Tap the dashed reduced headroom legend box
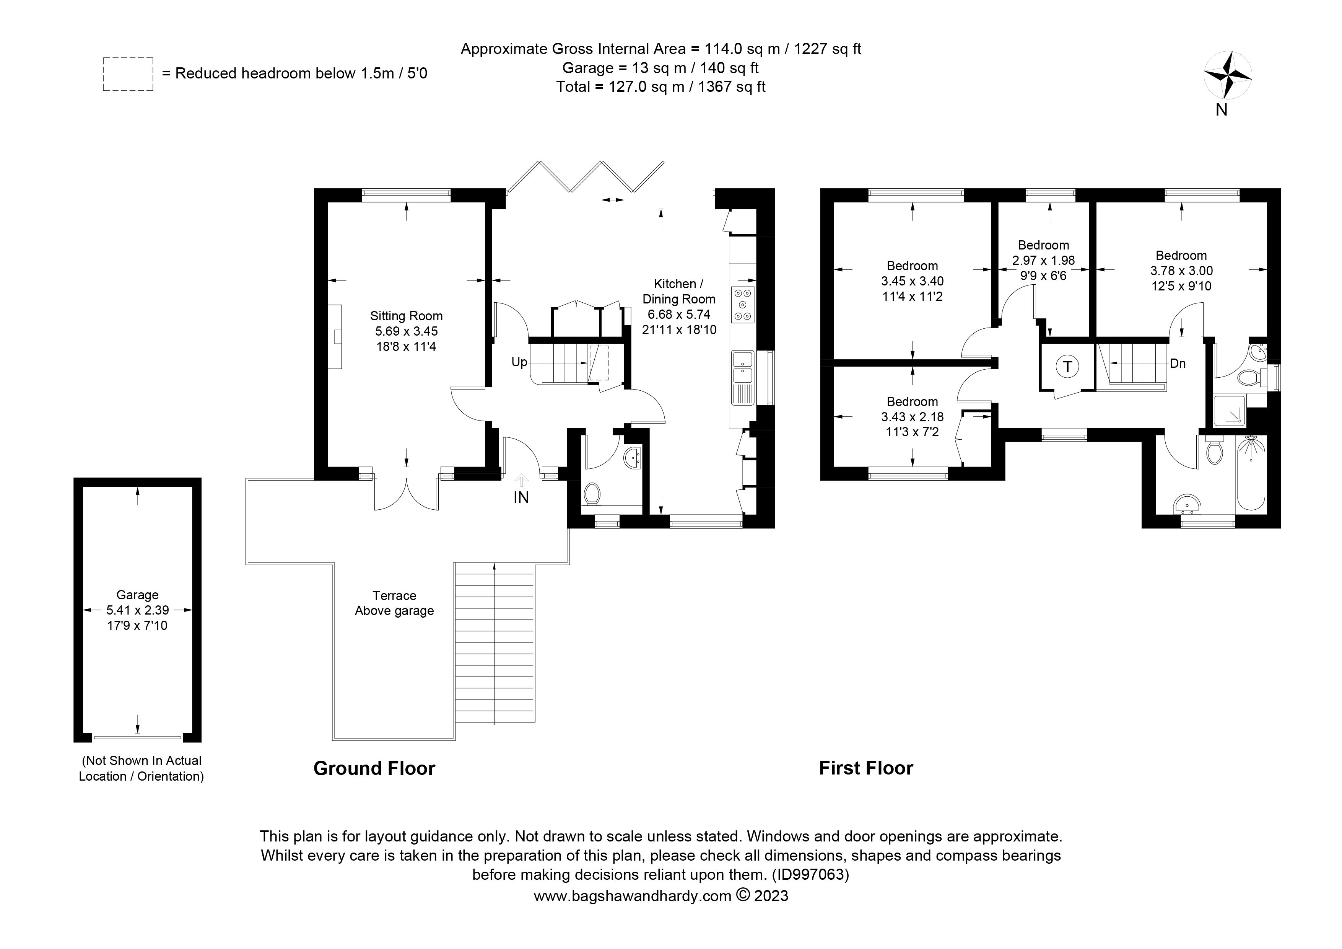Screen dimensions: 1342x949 pos(128,74)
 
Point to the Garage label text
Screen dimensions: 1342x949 pos(137,595)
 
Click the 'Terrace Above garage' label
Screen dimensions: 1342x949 pos(395,603)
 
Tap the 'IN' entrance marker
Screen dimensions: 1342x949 pos(521,497)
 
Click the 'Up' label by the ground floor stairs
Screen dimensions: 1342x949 pos(519,362)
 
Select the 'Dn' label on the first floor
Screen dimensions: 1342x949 pos(1178,364)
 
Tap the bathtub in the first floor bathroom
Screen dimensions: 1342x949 pos(1251,475)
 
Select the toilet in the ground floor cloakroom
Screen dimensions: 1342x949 pos(592,493)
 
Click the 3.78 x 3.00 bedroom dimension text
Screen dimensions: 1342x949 pos(1181,271)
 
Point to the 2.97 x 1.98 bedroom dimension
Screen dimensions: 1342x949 pos(1043,260)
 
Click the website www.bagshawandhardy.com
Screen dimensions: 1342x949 pos(633,896)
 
